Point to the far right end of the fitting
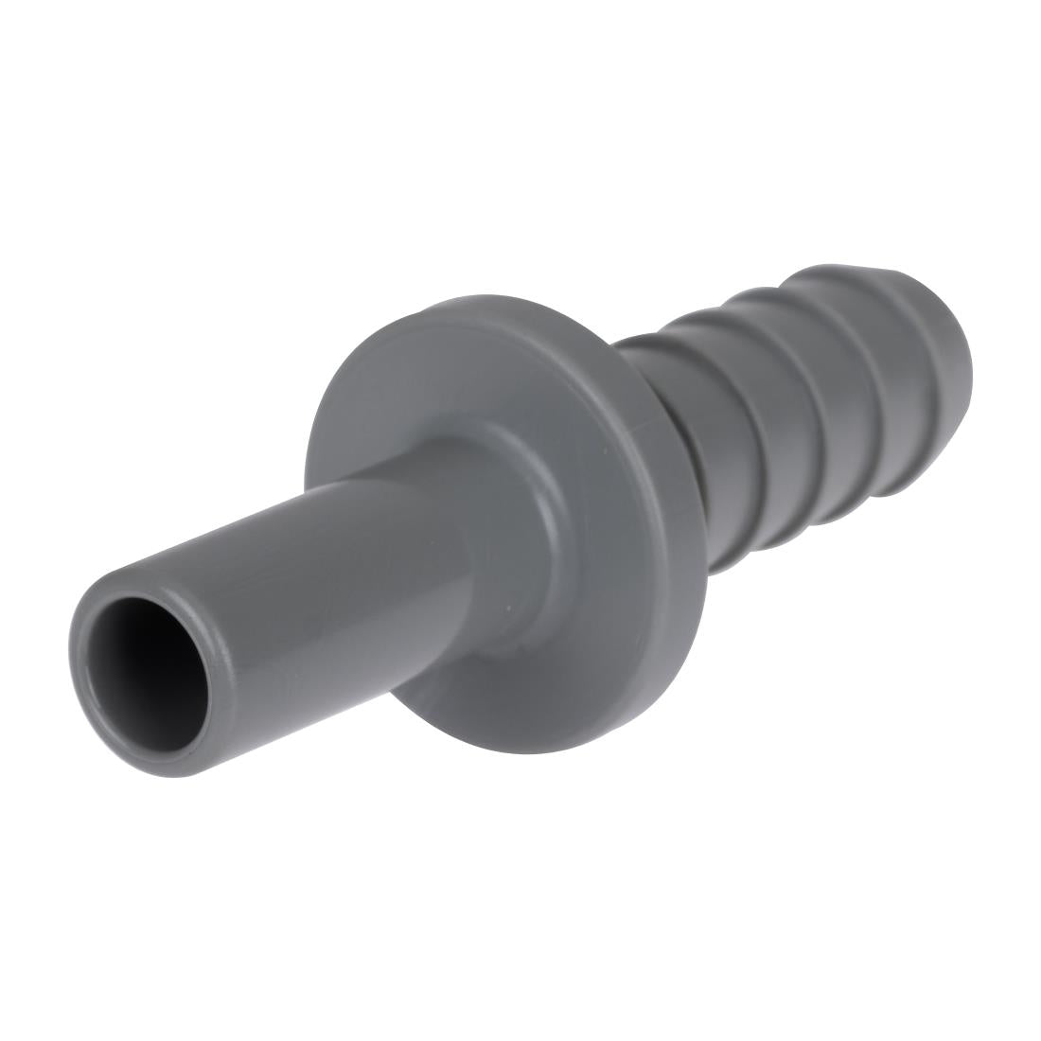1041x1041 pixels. click(972, 364)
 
